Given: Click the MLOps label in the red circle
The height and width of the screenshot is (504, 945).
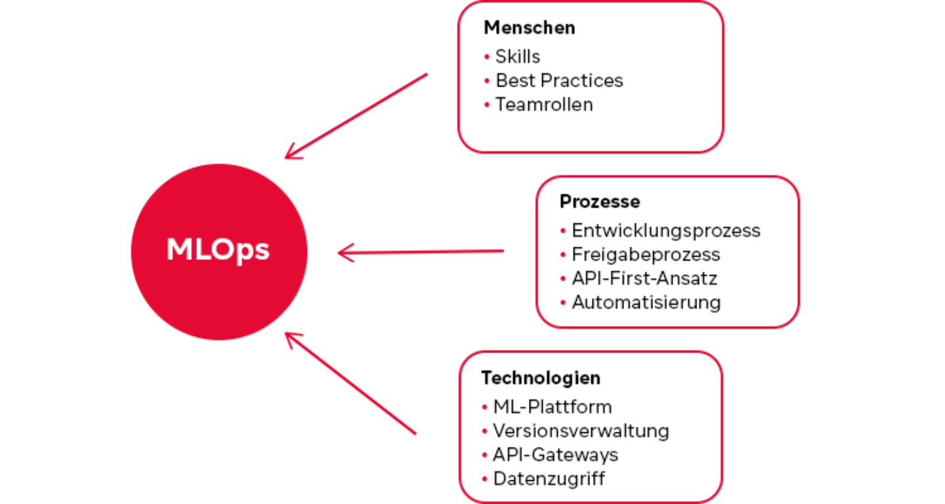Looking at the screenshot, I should [219, 250].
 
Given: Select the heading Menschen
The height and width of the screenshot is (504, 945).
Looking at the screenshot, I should [529, 28].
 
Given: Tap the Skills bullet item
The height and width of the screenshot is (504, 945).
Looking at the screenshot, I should [518, 56].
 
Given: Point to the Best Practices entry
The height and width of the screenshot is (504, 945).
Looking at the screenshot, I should [559, 81].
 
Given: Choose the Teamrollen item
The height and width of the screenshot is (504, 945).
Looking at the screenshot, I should [544, 104].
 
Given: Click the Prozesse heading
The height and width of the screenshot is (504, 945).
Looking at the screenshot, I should [600, 201].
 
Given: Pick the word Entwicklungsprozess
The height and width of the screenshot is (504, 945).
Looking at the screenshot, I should [666, 230].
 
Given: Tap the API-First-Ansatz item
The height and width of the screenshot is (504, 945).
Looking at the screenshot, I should [644, 278].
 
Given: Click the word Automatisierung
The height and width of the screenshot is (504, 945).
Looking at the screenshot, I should [646, 303].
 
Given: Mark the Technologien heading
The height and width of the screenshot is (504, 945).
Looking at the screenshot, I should [541, 378].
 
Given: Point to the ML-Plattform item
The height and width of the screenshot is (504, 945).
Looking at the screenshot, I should [553, 407].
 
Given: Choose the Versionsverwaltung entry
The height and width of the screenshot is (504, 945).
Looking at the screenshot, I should [581, 430].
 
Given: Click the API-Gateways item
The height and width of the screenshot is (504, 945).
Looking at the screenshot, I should [555, 454].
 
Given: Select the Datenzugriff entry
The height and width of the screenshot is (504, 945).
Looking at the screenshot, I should [549, 478].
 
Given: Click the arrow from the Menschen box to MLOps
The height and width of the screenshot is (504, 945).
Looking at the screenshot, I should [356, 115].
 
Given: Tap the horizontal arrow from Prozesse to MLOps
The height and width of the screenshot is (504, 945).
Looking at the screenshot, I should [420, 251].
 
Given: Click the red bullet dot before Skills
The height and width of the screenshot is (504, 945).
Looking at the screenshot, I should [487, 57].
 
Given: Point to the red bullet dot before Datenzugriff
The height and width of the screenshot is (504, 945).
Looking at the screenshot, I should [484, 479].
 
